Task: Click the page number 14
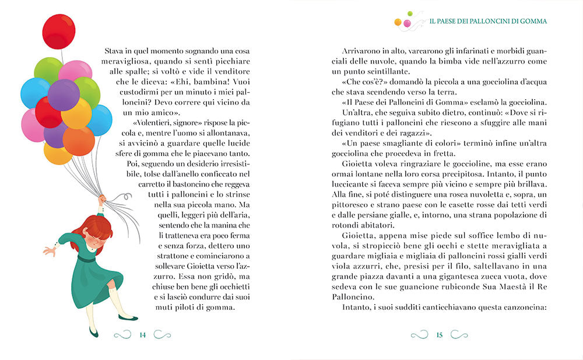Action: [x=142, y=334]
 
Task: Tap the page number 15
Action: [x=440, y=334]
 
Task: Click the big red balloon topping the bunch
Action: [x=59, y=32]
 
